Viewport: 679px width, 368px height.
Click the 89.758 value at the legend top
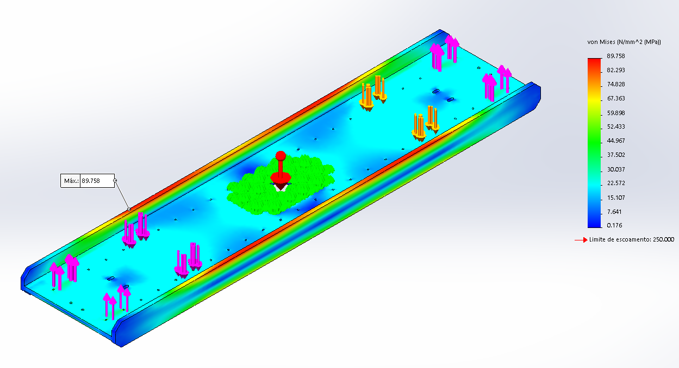pos(615,56)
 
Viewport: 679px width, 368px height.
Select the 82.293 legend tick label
pos(615,70)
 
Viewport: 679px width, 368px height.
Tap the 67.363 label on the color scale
pos(615,98)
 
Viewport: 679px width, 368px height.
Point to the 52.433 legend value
pos(615,126)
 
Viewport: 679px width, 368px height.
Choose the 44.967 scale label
pos(615,141)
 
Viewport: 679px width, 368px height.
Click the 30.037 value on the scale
pos(615,169)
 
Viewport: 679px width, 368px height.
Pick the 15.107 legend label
pos(615,198)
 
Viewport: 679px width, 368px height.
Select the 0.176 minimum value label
pos(614,225)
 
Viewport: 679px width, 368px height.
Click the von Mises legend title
pos(624,42)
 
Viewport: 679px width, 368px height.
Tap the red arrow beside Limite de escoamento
pos(581,240)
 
